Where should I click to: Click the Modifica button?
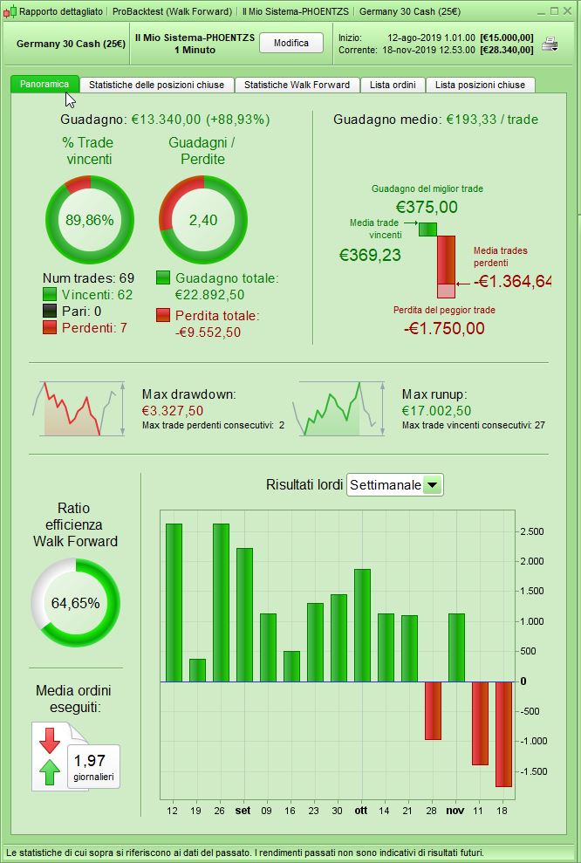tap(291, 43)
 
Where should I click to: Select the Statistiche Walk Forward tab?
tap(297, 85)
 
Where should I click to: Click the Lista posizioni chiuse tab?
tap(480, 85)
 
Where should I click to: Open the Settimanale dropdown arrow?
tap(433, 485)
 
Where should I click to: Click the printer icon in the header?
tap(550, 44)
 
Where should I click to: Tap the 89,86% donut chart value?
tap(90, 220)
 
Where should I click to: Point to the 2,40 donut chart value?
tap(203, 220)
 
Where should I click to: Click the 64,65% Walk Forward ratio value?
tap(76, 603)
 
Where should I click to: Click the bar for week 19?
tap(197, 670)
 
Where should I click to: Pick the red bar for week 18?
tap(503, 733)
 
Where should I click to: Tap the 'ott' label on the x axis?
tap(361, 811)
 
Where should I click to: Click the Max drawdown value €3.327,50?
tap(173, 410)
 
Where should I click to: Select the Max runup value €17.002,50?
tap(436, 410)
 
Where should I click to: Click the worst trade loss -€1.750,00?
tap(444, 328)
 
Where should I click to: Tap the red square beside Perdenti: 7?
tap(50, 327)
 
